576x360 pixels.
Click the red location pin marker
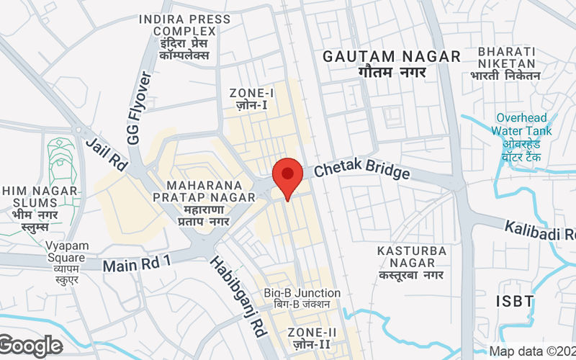coord(287,177)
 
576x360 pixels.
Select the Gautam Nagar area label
coord(392,64)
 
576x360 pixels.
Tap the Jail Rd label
coord(106,153)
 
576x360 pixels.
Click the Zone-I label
coord(252,99)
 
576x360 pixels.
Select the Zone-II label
coord(312,338)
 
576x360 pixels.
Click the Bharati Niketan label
coord(506,63)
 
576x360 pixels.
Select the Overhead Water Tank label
coord(522,137)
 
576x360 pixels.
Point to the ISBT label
coord(516,300)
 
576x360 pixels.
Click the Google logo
coord(32,346)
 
